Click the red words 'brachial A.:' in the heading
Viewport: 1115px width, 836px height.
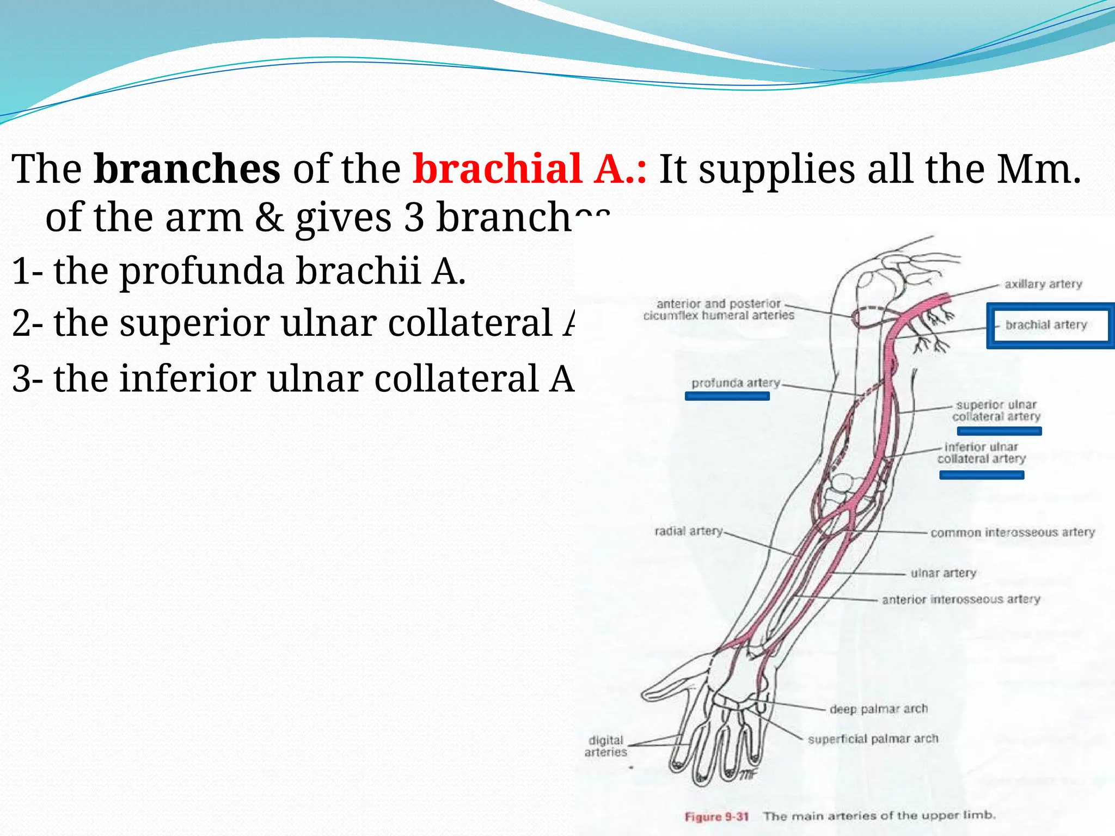(x=529, y=169)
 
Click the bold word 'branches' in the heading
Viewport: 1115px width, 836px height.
(x=187, y=169)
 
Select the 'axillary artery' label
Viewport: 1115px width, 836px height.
(x=1043, y=284)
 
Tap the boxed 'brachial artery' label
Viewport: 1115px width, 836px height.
(x=1046, y=325)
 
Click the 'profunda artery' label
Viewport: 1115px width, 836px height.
(x=735, y=383)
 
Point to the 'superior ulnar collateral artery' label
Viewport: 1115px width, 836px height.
(x=996, y=411)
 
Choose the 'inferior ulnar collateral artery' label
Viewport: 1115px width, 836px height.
(x=981, y=453)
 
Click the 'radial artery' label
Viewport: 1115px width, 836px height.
(x=688, y=531)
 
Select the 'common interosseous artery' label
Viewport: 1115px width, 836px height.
(x=1012, y=532)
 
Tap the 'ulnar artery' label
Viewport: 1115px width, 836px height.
(x=943, y=573)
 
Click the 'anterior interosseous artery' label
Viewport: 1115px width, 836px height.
(x=961, y=599)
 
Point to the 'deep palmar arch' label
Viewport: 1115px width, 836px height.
(x=878, y=709)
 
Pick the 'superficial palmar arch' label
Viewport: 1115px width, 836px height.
(x=873, y=739)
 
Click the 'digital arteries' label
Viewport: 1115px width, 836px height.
(x=605, y=746)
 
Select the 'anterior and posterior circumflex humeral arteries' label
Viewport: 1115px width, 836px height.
(x=719, y=310)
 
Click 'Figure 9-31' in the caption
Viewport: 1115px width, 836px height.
(x=716, y=817)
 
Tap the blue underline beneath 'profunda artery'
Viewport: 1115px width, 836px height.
(x=727, y=397)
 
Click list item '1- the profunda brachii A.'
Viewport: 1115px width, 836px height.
(x=238, y=271)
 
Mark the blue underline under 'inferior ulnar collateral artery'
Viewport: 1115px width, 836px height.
(x=981, y=476)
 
